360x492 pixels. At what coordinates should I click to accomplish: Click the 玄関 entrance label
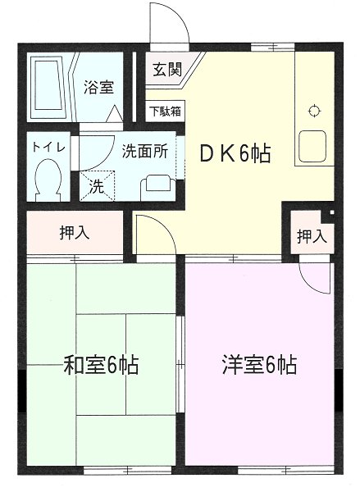coord(166,70)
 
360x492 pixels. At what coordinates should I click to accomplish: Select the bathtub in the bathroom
coord(50,85)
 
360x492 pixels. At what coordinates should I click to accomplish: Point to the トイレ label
coord(44,147)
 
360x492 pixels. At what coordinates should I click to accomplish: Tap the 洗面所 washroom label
coord(145,151)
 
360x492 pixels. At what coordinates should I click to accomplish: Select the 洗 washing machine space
coord(97,186)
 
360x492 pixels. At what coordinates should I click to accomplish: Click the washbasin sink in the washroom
coord(155,185)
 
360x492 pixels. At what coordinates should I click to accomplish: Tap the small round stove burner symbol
coord(313,112)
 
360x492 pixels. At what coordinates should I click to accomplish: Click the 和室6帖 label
coord(101,364)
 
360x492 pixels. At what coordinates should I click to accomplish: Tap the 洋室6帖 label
coord(259,364)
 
